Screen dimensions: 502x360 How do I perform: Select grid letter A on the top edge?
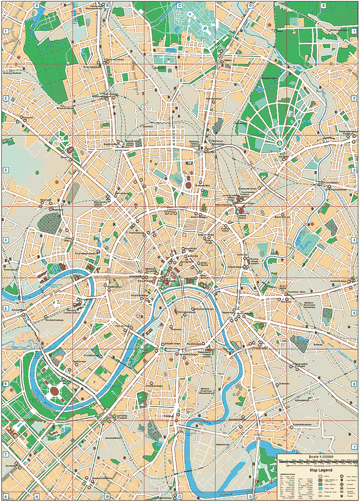coord(37,5)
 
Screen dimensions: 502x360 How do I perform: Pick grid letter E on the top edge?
coord(323,5)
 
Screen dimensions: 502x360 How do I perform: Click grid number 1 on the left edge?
coord(5,31)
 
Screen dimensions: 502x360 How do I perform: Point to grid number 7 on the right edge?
coord(355,446)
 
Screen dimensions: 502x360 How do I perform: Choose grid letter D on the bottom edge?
coord(250,497)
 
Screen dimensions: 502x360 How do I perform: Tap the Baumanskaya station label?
coord(282,218)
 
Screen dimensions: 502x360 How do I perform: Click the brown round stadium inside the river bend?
coord(55,391)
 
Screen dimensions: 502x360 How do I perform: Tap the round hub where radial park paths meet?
coord(280,143)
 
